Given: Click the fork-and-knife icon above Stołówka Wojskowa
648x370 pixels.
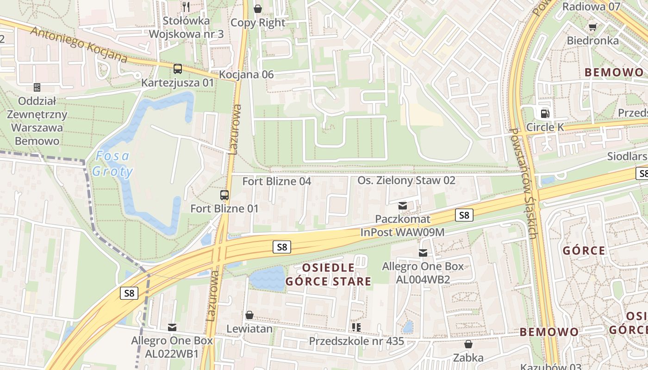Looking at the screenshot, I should click(186, 6).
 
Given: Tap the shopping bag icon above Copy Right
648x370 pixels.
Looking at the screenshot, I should click(258, 8).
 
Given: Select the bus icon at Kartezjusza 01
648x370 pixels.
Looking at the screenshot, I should click(178, 69).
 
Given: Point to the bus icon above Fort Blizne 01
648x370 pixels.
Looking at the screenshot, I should click(224, 195).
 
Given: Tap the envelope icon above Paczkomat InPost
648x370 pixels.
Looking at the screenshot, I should click(403, 205).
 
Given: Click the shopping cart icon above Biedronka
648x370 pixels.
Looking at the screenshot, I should click(592, 27).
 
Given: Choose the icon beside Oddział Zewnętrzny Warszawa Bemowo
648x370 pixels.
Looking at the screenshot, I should click(37, 87).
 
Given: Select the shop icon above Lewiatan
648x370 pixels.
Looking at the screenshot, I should click(249, 315).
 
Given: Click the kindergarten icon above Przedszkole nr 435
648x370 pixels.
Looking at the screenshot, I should click(356, 327).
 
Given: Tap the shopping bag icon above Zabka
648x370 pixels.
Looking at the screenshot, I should click(468, 344).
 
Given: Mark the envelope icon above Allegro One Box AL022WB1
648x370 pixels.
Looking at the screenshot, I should click(172, 327).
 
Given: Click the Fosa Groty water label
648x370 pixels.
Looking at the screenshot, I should click(112, 164).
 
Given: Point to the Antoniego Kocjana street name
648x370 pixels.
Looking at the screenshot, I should click(79, 44).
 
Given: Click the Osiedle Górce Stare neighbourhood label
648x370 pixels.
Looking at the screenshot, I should click(328, 274).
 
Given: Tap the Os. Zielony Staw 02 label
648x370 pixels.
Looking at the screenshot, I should click(406, 180).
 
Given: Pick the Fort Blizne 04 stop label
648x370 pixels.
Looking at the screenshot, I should click(277, 181).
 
